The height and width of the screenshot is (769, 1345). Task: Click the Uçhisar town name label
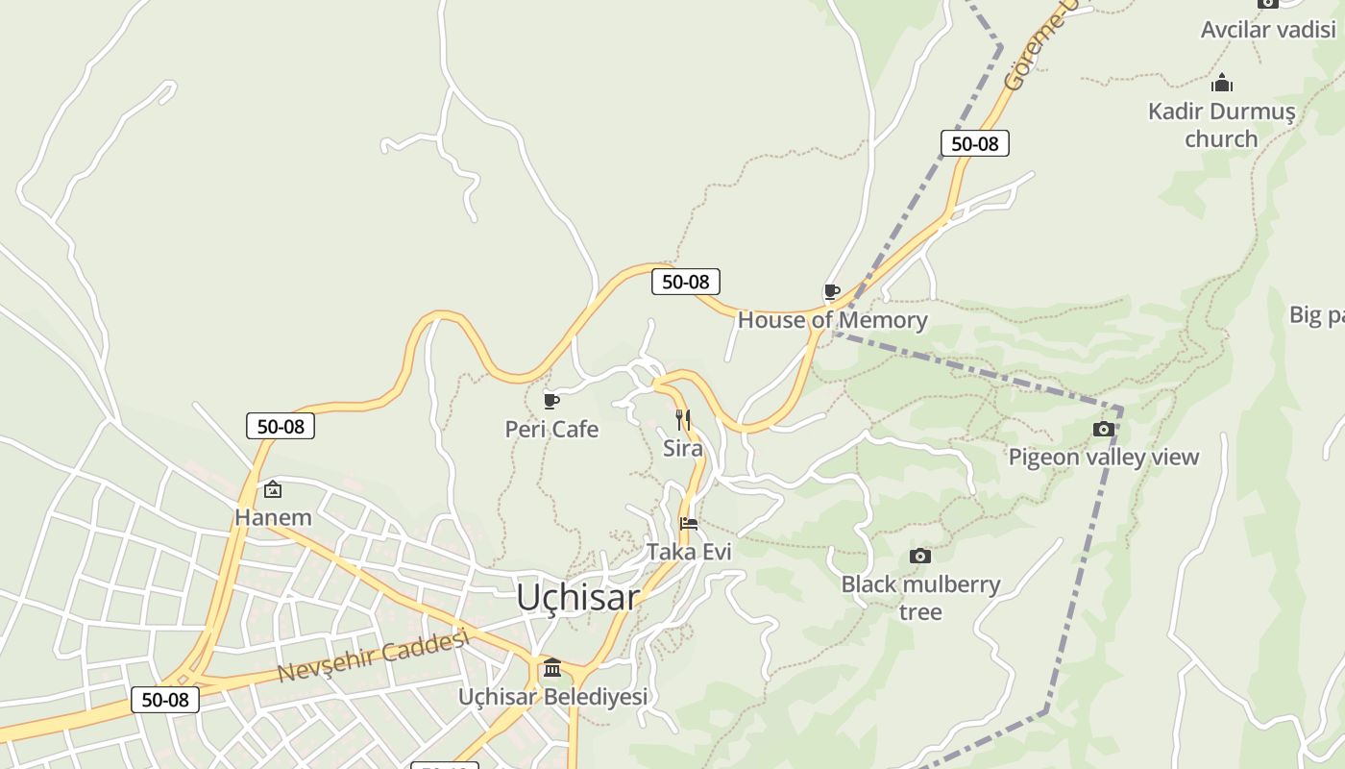(577, 597)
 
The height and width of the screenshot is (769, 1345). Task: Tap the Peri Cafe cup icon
(550, 400)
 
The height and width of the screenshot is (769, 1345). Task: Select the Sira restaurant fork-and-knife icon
(682, 419)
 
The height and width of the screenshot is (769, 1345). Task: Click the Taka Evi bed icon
(689, 524)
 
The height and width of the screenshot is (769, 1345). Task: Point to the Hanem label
(273, 517)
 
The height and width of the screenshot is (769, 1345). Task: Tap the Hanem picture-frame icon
(273, 489)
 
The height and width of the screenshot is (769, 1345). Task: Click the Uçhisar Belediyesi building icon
(552, 667)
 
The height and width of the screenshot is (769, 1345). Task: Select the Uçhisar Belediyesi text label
(552, 696)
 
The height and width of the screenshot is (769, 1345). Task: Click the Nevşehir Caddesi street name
(373, 656)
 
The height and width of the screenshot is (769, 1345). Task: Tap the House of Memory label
(832, 320)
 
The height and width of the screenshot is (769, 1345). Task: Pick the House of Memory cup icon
(832, 291)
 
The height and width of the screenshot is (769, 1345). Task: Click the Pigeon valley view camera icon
(1104, 429)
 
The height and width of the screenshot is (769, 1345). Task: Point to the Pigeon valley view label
(1104, 457)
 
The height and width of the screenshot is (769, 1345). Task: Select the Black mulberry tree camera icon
(920, 556)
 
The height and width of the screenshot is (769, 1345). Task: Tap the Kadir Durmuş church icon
(1221, 84)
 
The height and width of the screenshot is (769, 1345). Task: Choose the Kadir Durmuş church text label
(1221, 125)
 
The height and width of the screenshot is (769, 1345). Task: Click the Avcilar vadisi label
(1268, 29)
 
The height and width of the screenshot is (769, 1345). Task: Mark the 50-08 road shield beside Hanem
(281, 426)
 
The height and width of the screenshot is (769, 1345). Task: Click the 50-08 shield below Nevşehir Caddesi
(165, 700)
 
